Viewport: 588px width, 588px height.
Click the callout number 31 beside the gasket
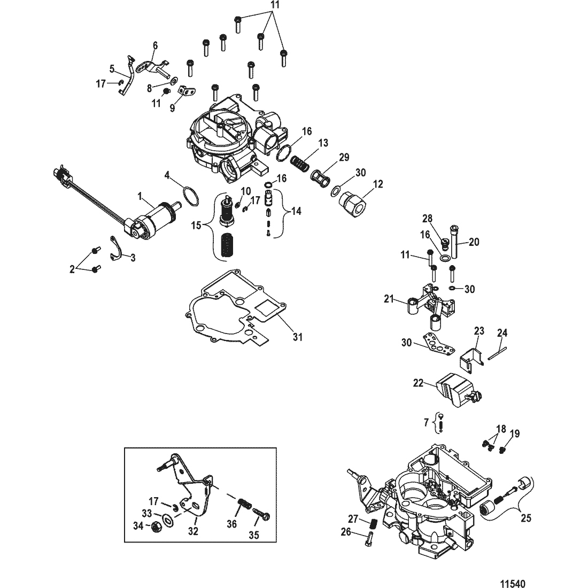(297, 337)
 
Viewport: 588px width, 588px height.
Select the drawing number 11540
(513, 583)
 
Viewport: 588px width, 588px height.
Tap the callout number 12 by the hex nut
(378, 184)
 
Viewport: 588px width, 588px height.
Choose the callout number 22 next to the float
(418, 383)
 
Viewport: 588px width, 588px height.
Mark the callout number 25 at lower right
(526, 518)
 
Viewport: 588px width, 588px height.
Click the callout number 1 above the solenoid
(140, 196)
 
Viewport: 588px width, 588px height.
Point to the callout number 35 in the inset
(254, 535)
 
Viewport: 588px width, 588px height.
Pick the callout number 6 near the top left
(155, 46)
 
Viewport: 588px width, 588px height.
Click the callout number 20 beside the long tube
(474, 242)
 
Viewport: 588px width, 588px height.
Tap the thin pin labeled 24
(497, 354)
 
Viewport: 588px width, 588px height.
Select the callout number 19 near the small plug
(515, 434)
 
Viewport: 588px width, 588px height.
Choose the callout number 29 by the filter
(344, 157)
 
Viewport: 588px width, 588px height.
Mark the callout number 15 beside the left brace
(196, 226)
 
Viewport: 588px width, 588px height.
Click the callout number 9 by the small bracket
(172, 108)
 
